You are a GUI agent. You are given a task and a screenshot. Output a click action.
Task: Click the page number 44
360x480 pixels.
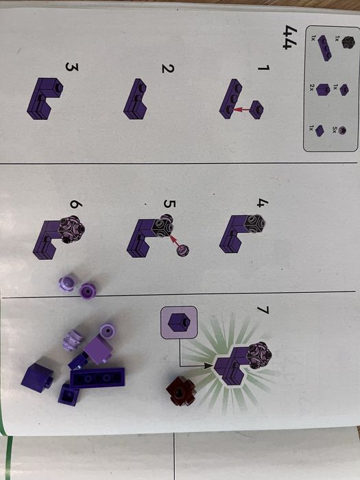(289, 37)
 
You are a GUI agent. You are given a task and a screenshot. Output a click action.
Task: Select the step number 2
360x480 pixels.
(168, 69)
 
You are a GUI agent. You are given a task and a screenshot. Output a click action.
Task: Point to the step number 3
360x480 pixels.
(72, 67)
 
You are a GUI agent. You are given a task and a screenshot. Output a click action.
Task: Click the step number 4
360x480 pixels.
(263, 203)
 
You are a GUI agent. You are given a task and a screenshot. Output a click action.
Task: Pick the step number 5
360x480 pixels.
(169, 204)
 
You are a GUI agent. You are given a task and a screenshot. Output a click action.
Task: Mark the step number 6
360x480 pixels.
(74, 204)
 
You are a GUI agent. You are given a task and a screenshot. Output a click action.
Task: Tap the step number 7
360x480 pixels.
(263, 310)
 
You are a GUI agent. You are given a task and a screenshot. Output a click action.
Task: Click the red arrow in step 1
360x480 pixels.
(241, 109)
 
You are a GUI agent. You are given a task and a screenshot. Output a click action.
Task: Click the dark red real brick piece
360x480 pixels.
(181, 391)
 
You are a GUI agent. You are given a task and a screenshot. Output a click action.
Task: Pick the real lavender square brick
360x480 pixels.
(99, 349)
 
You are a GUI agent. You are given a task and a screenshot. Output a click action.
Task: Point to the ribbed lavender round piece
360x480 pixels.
(73, 339)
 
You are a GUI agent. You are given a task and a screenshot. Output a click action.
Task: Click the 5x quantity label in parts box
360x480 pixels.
(335, 130)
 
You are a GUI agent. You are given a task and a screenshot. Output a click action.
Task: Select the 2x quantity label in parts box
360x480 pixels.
(311, 88)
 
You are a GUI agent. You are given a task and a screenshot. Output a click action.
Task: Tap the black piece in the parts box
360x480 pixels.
(348, 43)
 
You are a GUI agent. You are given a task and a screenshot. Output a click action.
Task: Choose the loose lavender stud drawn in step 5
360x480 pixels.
(183, 250)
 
